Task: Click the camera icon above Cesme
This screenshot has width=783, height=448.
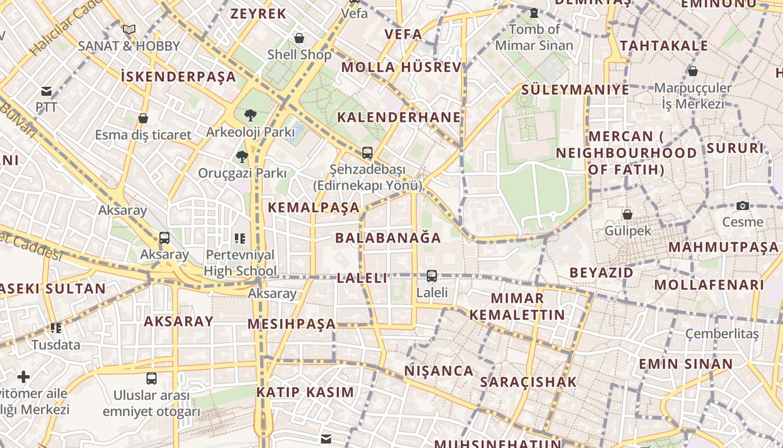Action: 743,206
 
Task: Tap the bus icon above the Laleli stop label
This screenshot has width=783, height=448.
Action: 432,276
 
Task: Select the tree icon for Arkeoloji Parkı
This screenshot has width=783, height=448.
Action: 251,115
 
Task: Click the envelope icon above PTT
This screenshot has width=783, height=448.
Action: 46,91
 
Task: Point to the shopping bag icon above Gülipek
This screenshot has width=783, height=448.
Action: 628,214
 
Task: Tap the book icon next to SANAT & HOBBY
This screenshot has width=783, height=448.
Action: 129,29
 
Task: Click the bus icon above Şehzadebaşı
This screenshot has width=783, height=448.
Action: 367,152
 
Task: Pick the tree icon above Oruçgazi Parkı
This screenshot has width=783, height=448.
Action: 242,156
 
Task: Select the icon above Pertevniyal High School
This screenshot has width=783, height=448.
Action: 240,239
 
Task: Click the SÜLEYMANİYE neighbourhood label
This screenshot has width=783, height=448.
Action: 575,90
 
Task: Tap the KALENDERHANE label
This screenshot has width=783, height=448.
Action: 399,117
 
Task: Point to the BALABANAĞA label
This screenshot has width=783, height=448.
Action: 388,237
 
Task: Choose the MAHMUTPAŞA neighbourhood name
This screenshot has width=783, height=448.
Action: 723,247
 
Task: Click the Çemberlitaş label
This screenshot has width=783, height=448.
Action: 722,334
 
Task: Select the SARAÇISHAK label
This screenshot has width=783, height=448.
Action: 528,382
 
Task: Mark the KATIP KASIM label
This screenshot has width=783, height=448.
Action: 305,392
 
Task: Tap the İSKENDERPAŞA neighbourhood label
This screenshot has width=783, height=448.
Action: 178,76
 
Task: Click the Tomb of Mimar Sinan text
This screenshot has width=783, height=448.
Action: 534,37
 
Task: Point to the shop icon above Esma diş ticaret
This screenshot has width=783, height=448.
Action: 143,118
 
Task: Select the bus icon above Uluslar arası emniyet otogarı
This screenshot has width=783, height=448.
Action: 152,378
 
